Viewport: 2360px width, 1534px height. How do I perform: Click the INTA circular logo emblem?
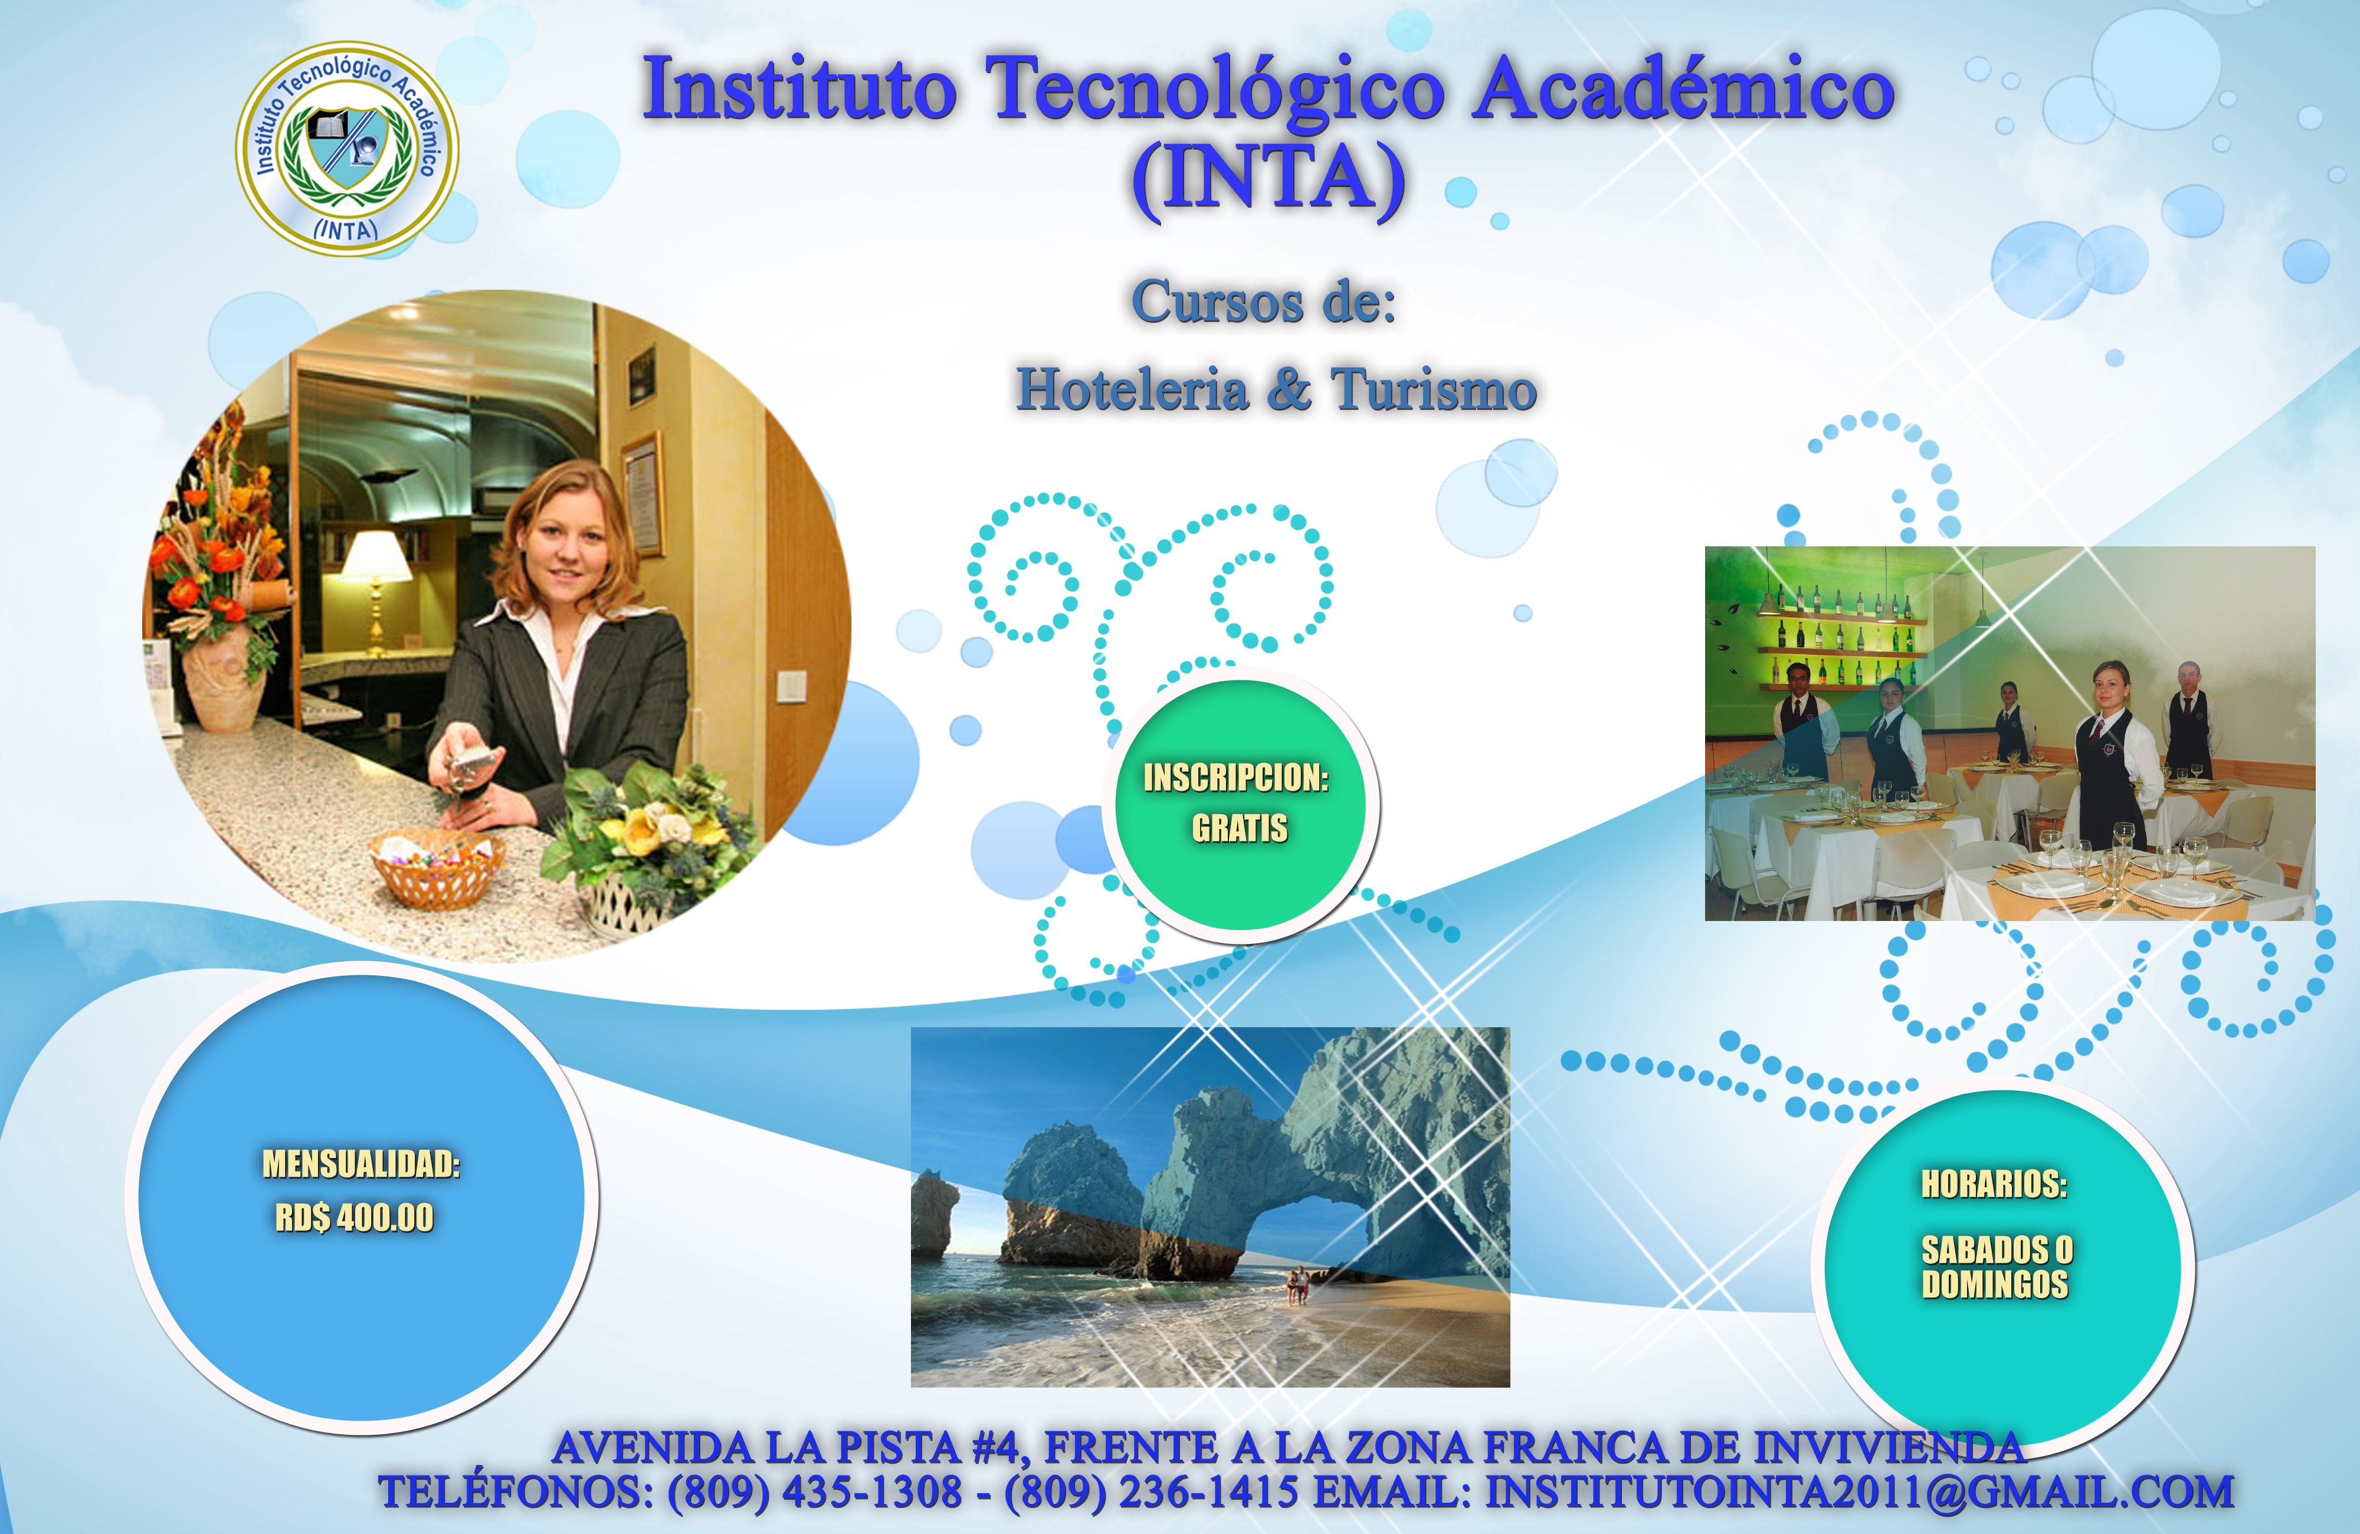pyautogui.click(x=346, y=149)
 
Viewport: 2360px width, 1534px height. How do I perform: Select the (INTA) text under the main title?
pyautogui.click(x=1269, y=179)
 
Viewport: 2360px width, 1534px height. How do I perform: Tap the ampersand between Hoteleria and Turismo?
pyautogui.click(x=1289, y=389)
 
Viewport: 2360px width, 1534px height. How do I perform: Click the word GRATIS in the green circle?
pyautogui.click(x=1240, y=828)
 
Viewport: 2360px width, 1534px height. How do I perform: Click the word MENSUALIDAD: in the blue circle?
pyautogui.click(x=361, y=1164)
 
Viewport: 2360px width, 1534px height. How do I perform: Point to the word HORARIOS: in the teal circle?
pyautogui.click(x=1994, y=1184)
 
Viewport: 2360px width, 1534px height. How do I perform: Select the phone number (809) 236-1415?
pyautogui.click(x=1151, y=1492)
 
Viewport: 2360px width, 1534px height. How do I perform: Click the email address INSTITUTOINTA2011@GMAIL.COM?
pyautogui.click(x=1859, y=1492)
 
